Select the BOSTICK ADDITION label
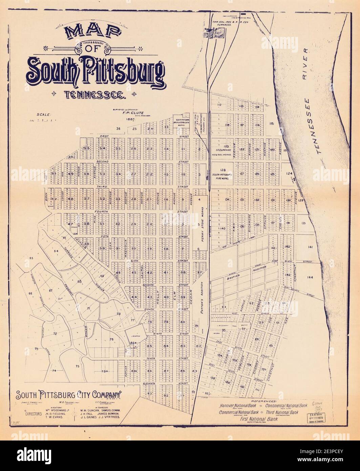pyautogui.click(x=245, y=274)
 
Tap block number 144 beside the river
pyautogui.click(x=310, y=277)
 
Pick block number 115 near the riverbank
pyautogui.click(x=271, y=124)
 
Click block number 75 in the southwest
pyautogui.click(x=77, y=366)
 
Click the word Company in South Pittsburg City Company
pyautogui.click(x=104, y=395)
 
